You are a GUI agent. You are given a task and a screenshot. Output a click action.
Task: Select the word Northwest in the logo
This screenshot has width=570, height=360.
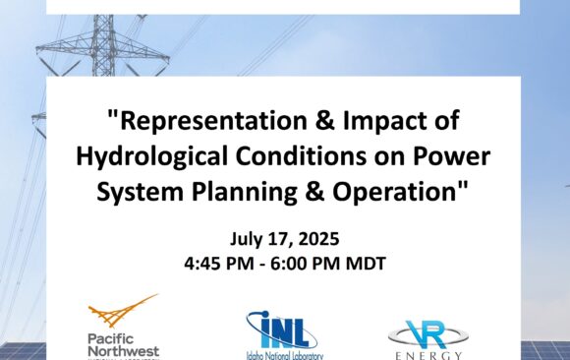pyautogui.click(x=123, y=350)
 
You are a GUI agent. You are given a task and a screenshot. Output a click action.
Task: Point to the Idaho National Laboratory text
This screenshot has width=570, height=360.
pyautogui.click(x=284, y=355)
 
